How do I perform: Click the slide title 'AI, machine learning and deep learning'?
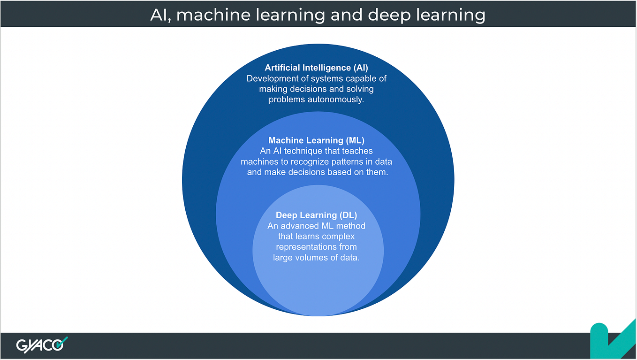(x=318, y=15)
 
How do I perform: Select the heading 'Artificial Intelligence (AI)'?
(x=317, y=68)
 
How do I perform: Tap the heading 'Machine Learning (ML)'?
(x=316, y=140)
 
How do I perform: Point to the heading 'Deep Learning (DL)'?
(x=316, y=215)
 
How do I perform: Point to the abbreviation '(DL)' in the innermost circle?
(x=348, y=215)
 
